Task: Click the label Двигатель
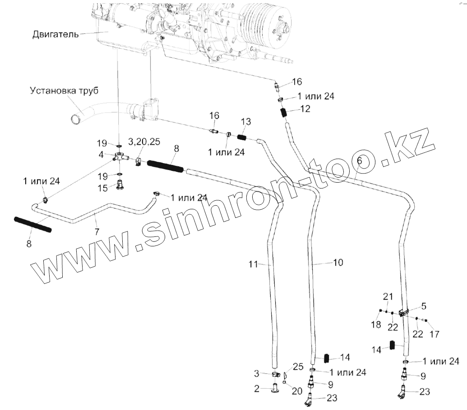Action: tap(56, 34)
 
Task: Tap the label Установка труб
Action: tap(64, 90)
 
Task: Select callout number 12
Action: tap(305, 109)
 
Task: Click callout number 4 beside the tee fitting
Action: tap(102, 155)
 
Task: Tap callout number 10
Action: tap(338, 262)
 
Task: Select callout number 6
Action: tap(359, 160)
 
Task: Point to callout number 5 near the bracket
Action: tap(424, 306)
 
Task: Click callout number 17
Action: tap(435, 335)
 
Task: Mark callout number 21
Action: tap(388, 297)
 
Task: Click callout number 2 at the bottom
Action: tap(256, 388)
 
